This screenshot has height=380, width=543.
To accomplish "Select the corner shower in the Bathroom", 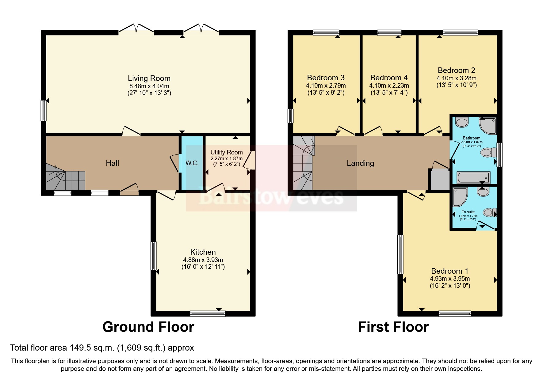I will click(x=488, y=125).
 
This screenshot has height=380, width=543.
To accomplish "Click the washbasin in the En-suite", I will click(x=483, y=192).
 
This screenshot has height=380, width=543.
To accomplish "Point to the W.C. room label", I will click(x=192, y=163).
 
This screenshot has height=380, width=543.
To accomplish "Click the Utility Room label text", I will click(x=226, y=152).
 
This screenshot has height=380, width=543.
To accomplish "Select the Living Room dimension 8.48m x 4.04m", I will click(x=149, y=86).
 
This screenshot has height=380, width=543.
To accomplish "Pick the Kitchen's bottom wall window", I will click(x=208, y=313).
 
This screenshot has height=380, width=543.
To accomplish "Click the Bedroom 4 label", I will click(x=389, y=78).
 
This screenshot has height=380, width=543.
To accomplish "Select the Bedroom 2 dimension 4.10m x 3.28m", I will click(x=456, y=78).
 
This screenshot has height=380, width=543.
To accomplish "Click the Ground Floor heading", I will click(x=148, y=327).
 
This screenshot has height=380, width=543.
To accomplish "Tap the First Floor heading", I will click(x=393, y=327).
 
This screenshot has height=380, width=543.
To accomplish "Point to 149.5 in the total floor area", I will click(x=80, y=348).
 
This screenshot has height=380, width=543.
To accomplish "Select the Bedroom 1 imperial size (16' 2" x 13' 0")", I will click(x=450, y=286).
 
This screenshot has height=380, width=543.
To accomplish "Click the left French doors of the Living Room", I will click(x=136, y=28).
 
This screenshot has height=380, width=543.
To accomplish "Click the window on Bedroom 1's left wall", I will click(x=400, y=254).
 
